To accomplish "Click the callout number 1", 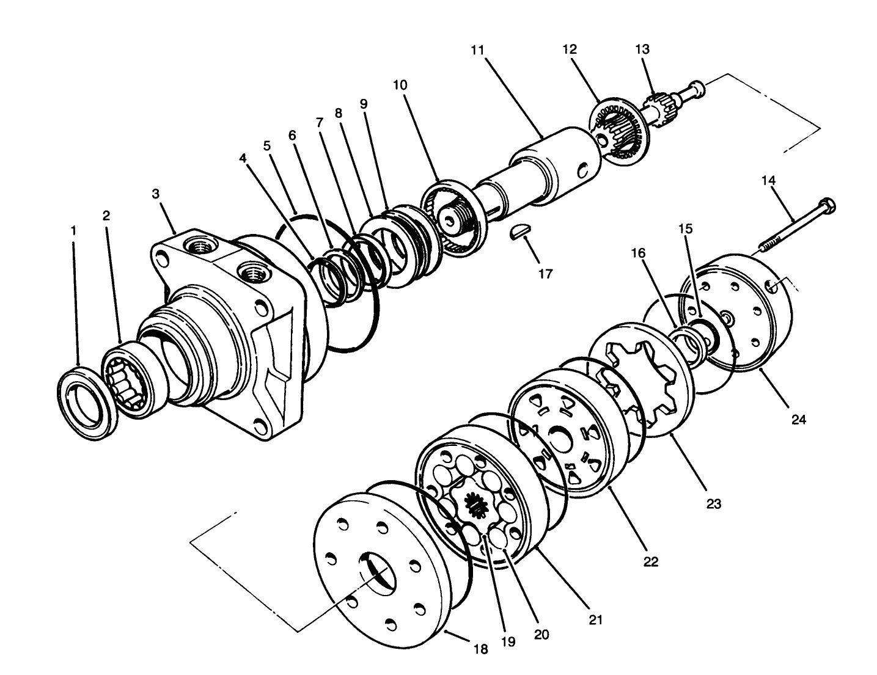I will [x=74, y=230].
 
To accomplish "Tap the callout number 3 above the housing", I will [x=156, y=194].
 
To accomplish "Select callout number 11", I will [x=477, y=49].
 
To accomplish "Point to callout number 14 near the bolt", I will [x=768, y=180].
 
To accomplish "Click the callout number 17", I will [x=545, y=274].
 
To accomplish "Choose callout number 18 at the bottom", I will [x=481, y=649].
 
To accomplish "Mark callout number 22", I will [x=651, y=561].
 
